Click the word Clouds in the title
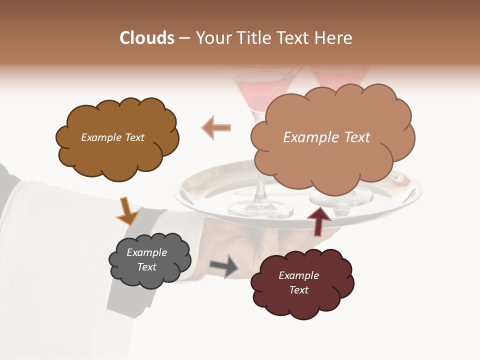(x=147, y=38)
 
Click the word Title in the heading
(x=252, y=38)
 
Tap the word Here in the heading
(x=333, y=38)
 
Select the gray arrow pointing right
(x=224, y=266)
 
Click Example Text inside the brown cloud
(x=112, y=137)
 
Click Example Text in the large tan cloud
(x=326, y=137)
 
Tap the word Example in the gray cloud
(x=146, y=252)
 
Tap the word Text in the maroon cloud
(x=298, y=290)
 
